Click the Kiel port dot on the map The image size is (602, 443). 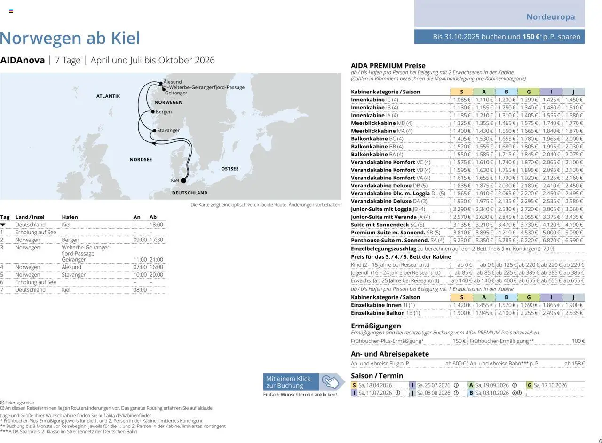[x=183, y=180]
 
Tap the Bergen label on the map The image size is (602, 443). [x=164, y=112]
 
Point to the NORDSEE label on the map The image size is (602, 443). [x=141, y=160]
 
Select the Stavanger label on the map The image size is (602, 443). [x=168, y=130]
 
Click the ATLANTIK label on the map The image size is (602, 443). [x=108, y=96]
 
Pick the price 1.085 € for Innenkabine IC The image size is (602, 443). [x=461, y=100]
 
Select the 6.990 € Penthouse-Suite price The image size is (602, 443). [x=574, y=241]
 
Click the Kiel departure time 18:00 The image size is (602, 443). [x=156, y=225]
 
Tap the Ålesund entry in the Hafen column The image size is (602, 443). [x=71, y=267]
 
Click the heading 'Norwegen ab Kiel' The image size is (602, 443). [x=70, y=38]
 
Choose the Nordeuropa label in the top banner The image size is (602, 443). [x=550, y=17]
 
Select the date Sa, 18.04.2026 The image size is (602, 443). [x=375, y=385]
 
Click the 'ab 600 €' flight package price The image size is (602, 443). [x=455, y=364]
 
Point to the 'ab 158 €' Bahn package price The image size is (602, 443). [x=574, y=364]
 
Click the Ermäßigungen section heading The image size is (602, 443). [x=376, y=326]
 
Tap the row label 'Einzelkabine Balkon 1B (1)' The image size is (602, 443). [x=385, y=313]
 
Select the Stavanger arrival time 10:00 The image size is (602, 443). [x=140, y=275]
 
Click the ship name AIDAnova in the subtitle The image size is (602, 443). [x=23, y=60]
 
